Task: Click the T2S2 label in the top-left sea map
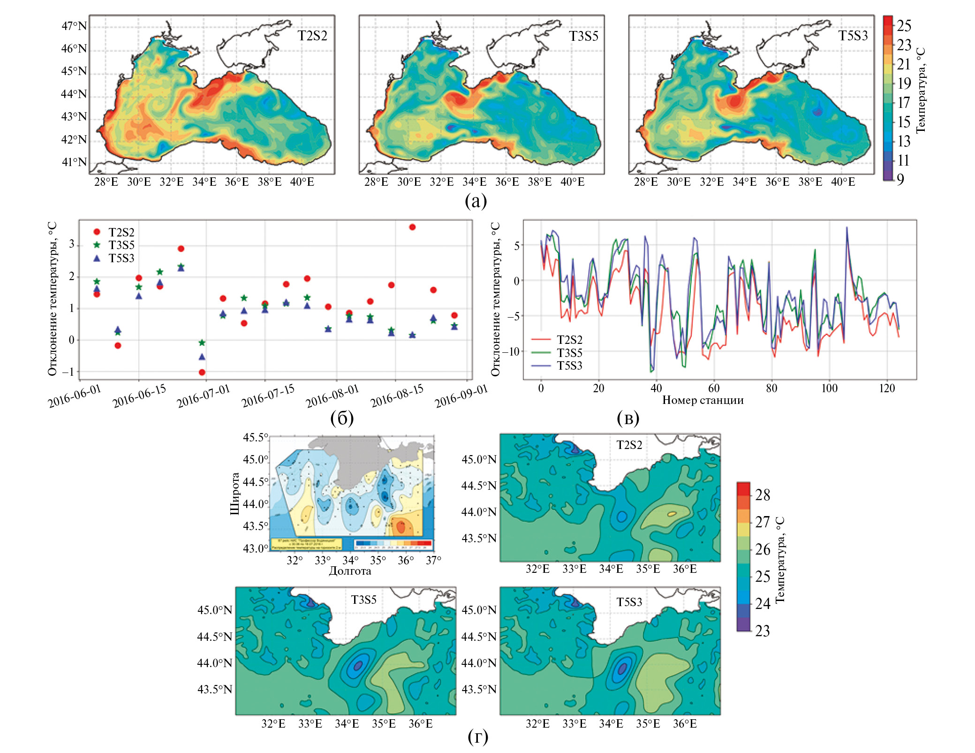312,36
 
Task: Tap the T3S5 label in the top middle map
583,36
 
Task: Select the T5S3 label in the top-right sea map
853,36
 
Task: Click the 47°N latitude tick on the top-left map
74,26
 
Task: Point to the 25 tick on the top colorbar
904,26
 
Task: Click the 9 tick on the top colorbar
900,179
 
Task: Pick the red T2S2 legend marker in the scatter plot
97,232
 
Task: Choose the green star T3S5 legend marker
97,244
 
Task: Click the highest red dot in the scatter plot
412,227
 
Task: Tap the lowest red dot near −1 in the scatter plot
202,372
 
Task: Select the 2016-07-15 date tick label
268,396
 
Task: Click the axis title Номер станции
703,400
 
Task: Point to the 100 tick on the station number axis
829,388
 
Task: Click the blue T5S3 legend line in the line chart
541,365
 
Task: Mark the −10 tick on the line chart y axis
510,351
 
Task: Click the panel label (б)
342,418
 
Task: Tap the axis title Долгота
350,570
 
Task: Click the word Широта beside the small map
235,494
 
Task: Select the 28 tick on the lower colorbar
763,494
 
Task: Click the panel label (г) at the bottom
477,737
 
